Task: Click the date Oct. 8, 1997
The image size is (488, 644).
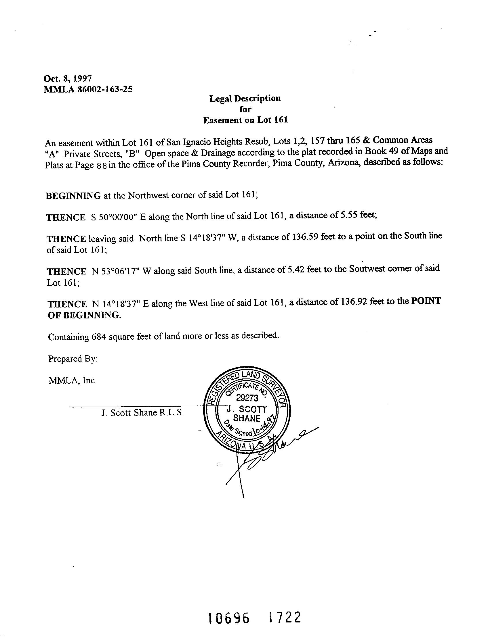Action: pyautogui.click(x=68, y=78)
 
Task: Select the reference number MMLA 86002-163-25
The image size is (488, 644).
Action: pyautogui.click(x=88, y=89)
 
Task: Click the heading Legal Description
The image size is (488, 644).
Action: pyautogui.click(x=245, y=98)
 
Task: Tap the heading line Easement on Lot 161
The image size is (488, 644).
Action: pyautogui.click(x=245, y=120)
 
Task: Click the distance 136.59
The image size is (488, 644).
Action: pyautogui.click(x=304, y=237)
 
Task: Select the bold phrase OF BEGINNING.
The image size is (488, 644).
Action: pyautogui.click(x=84, y=315)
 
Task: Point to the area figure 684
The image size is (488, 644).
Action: pyautogui.click(x=98, y=337)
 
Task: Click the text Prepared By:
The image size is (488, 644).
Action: pyautogui.click(x=73, y=359)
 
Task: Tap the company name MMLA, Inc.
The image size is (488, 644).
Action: pyautogui.click(x=72, y=380)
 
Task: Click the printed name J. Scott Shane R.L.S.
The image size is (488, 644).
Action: pyautogui.click(x=142, y=413)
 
